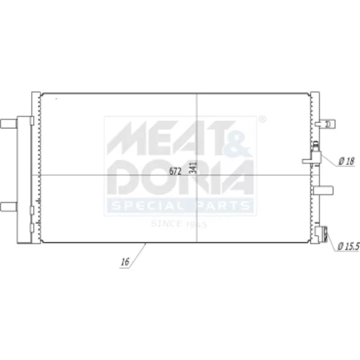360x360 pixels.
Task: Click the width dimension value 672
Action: [175, 171]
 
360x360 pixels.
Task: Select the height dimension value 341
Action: [193, 168]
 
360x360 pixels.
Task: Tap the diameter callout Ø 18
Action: [346, 161]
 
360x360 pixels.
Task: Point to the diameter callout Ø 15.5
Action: [348, 246]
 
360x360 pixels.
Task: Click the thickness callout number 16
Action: [125, 262]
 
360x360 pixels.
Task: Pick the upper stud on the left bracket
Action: [9, 124]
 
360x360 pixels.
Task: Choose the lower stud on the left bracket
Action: [9, 207]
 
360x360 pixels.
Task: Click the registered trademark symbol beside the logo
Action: [263, 120]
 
